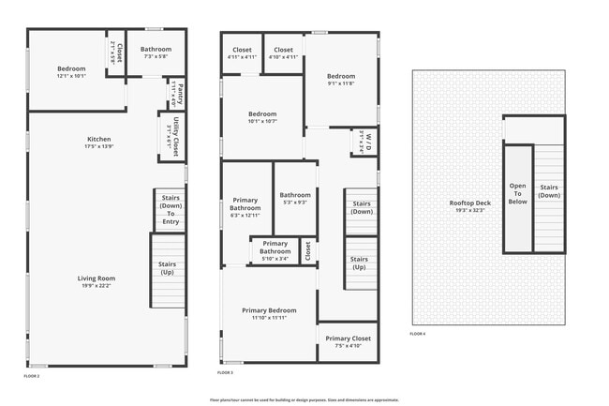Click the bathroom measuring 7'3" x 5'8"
156,53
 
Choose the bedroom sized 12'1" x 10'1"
71,72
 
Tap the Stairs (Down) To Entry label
170,209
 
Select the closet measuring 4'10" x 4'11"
284,53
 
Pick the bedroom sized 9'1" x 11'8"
341,80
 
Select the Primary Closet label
348,342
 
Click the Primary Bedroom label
269,314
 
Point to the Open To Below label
517,193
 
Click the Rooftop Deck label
469,205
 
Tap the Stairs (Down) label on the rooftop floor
549,192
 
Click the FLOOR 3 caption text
225,373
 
